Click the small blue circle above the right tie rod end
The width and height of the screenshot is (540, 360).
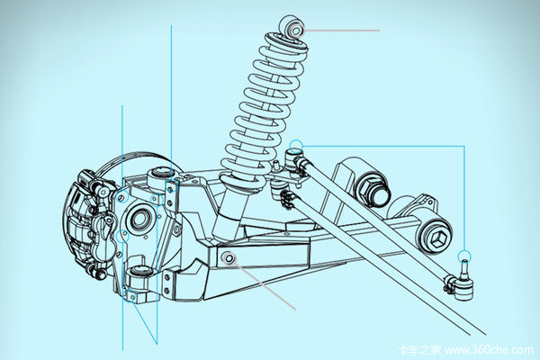pos(463,255)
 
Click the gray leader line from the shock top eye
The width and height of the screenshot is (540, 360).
pos(342,30)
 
